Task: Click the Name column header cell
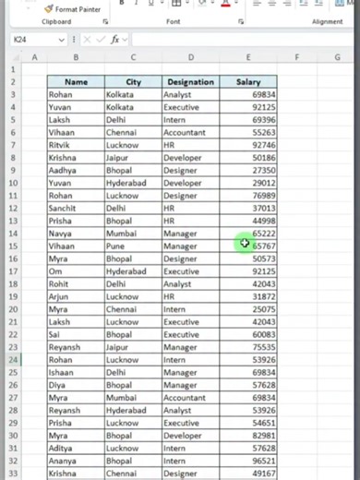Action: tap(76, 82)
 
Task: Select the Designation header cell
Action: tap(190, 82)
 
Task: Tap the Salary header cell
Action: tap(248, 82)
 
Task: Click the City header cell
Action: tap(132, 82)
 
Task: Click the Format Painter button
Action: tap(74, 8)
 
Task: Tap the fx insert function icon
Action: tap(115, 41)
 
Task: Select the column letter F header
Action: tap(296, 57)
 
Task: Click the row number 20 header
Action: tap(13, 310)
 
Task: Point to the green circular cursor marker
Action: tap(245, 244)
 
